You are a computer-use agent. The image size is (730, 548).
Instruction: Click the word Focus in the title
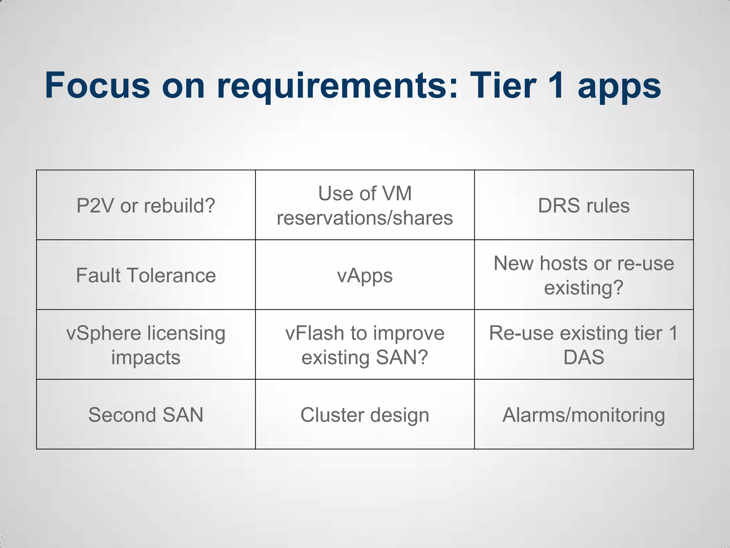(97, 86)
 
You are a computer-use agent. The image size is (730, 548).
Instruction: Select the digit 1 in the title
(556, 86)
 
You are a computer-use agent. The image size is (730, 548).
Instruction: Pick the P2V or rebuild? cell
(146, 206)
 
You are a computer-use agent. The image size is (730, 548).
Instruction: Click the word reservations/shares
(365, 218)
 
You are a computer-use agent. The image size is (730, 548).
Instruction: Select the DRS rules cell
(584, 206)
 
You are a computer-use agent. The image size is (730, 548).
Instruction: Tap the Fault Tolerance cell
(146, 275)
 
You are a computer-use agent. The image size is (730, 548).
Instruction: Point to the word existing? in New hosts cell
(584, 288)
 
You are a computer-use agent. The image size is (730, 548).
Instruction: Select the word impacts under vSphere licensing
(146, 357)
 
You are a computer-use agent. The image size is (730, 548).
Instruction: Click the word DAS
(584, 357)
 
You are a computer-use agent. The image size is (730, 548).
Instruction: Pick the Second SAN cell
(146, 415)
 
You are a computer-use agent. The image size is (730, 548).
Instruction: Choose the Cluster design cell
(365, 415)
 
